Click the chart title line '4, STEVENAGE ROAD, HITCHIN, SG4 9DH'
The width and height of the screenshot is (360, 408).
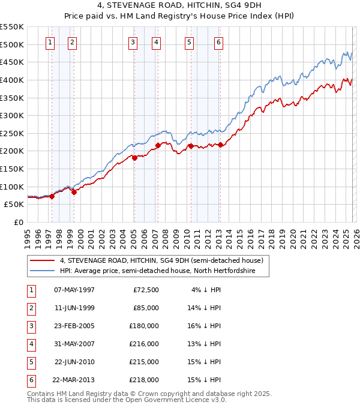click(x=180, y=7)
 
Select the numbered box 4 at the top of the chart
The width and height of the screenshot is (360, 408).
click(x=156, y=42)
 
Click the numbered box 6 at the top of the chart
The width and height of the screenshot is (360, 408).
click(x=218, y=42)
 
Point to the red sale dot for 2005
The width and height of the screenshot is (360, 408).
click(x=134, y=158)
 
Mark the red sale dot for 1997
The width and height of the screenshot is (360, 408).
click(x=52, y=196)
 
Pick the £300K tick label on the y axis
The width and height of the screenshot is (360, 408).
click(x=12, y=115)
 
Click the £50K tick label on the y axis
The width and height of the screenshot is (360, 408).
click(x=14, y=204)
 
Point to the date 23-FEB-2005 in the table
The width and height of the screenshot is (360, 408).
click(x=74, y=326)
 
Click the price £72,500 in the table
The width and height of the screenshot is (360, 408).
click(x=146, y=290)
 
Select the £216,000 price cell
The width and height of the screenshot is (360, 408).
click(x=144, y=344)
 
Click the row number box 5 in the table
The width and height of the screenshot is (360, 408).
click(x=30, y=362)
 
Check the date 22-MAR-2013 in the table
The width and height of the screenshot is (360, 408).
click(x=74, y=380)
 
